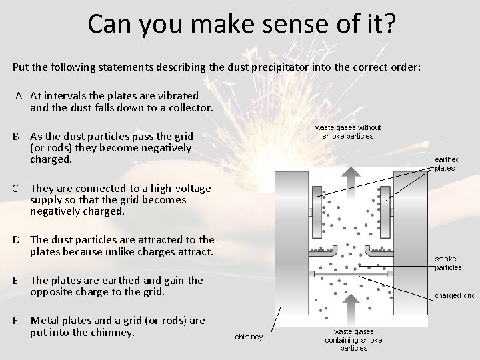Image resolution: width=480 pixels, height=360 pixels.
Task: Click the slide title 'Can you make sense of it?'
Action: point(241,23)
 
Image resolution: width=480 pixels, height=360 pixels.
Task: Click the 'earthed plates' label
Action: point(447,164)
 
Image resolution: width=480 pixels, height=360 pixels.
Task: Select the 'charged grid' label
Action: point(455,295)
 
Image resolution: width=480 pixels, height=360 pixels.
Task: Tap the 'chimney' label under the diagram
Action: point(249,337)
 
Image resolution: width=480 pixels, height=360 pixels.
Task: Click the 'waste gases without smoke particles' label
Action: point(348,132)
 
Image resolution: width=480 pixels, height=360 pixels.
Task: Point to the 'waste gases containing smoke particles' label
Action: point(353,339)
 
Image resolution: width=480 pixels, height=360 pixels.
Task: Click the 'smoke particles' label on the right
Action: point(448,263)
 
